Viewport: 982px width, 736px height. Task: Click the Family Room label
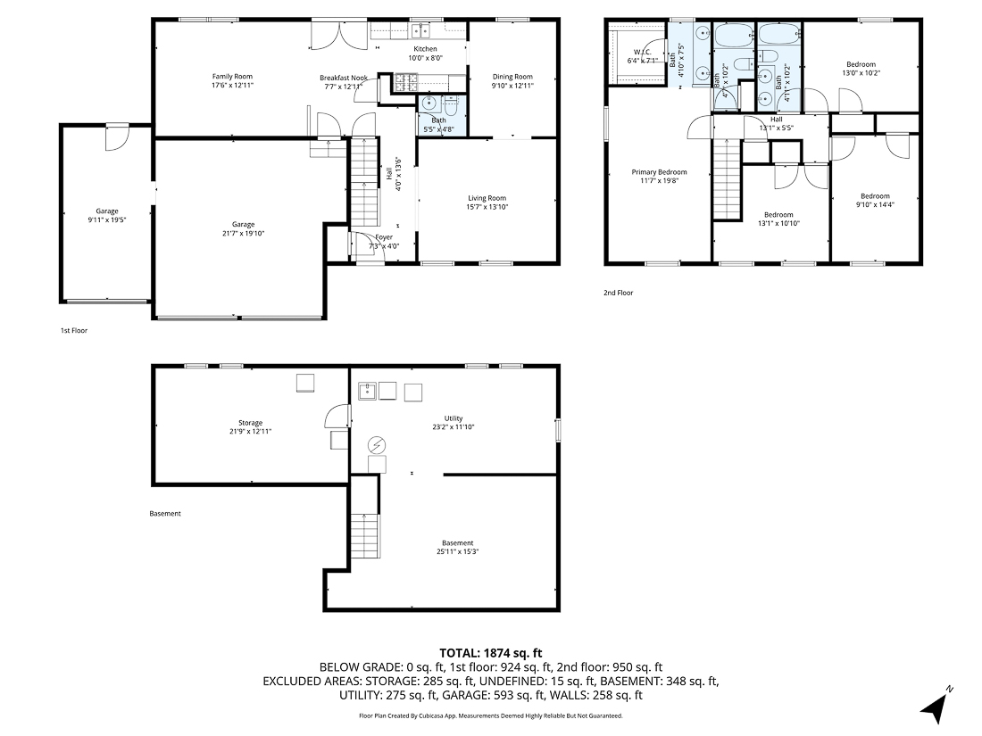tap(232, 76)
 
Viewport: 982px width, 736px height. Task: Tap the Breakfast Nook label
tap(344, 79)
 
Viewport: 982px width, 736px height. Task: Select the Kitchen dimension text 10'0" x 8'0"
tap(426, 58)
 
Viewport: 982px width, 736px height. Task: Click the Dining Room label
tap(512, 77)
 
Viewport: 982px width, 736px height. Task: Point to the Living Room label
tap(487, 198)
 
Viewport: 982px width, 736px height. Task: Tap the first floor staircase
tap(363, 183)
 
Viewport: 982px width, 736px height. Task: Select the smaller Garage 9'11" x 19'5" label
tap(107, 211)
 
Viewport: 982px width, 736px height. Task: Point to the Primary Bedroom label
tap(659, 172)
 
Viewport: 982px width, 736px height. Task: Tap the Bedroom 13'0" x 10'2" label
tap(861, 64)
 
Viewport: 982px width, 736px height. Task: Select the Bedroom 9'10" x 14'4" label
tap(875, 196)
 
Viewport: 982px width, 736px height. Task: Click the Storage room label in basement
tap(250, 423)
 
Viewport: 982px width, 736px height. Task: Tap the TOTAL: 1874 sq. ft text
tap(490, 653)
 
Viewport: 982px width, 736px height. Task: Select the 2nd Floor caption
tap(618, 292)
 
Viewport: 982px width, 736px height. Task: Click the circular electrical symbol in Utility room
tap(377, 443)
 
